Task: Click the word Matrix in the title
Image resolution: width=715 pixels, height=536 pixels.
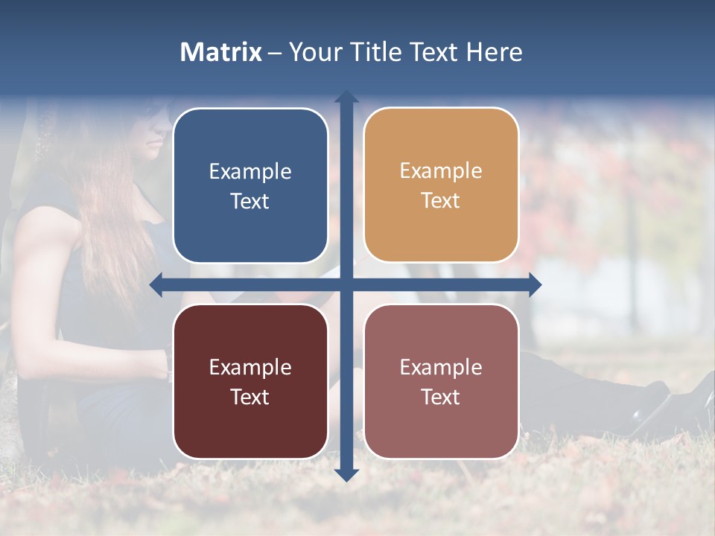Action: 221,52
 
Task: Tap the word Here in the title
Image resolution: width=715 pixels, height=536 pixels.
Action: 494,52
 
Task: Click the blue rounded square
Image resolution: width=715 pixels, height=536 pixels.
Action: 250,185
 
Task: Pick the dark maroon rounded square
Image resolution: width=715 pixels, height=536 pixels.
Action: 250,381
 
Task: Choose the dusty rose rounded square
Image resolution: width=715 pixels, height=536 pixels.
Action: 441,381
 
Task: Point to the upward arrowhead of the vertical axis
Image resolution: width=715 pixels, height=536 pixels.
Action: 346,98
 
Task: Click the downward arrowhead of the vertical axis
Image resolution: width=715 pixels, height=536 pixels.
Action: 346,474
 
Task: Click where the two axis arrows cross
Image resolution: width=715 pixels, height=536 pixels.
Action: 346,284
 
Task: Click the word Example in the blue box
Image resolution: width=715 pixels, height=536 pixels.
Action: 250,172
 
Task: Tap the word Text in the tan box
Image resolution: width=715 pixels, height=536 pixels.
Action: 441,201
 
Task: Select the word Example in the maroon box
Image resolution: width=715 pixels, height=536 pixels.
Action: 250,367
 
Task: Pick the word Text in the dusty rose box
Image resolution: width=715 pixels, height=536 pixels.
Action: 441,397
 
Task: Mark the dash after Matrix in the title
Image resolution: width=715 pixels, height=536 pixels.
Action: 275,53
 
